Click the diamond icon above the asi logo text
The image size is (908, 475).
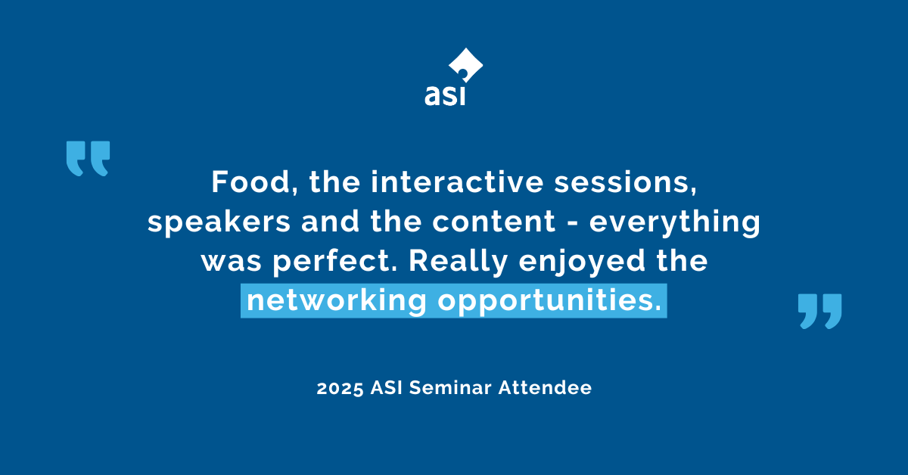coord(465,66)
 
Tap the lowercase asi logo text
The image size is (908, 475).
coord(445,96)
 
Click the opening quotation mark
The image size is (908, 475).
coord(88,158)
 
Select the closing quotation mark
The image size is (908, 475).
coord(819,312)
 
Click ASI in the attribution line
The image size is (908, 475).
coord(386,388)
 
